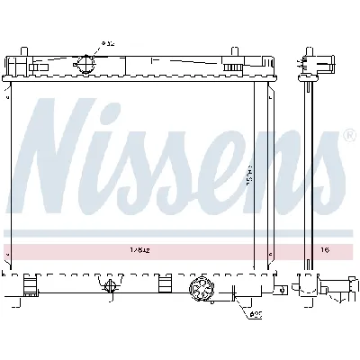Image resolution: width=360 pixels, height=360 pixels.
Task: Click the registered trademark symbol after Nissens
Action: (x=350, y=134)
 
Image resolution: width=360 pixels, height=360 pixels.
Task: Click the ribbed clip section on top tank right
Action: (x=232, y=67)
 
